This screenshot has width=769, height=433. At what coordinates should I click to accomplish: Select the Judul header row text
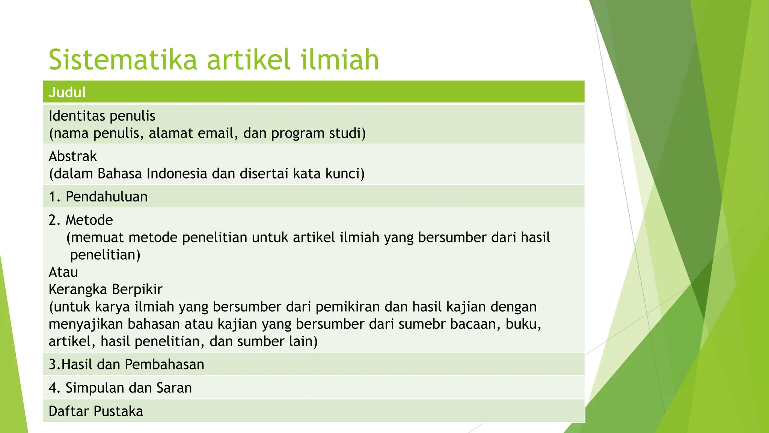coord(67,92)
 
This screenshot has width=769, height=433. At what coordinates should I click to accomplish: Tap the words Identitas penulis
coord(102,116)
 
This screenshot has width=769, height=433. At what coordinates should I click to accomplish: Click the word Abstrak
coord(73,156)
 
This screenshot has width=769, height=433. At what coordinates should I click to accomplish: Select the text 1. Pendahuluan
coord(98,197)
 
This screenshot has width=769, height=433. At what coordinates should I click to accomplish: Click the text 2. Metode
coord(81,220)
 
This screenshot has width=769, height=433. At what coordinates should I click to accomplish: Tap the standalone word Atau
coord(63,272)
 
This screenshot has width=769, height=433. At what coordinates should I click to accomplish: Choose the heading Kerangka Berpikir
coord(106,289)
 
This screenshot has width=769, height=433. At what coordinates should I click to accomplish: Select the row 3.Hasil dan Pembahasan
coord(127,364)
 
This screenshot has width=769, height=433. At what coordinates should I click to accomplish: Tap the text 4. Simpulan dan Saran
coord(120,388)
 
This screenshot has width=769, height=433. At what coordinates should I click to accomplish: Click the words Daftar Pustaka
coord(96,411)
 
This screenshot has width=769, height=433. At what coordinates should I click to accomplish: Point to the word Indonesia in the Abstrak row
coord(177,173)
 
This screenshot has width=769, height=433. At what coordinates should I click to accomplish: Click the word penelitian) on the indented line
coord(105,254)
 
